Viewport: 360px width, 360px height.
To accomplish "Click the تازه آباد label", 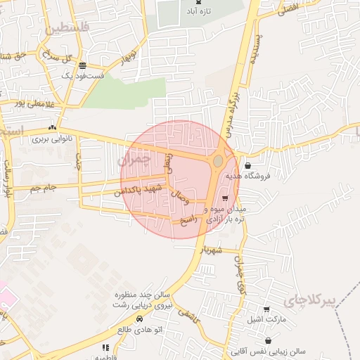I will click(195, 13).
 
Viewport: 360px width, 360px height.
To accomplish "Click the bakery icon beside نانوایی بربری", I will click(53, 127).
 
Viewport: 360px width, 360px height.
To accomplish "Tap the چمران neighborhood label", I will click(136, 160).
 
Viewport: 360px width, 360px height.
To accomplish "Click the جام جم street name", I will click(44, 188).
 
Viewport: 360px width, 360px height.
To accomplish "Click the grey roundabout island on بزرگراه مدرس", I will click(218, 161).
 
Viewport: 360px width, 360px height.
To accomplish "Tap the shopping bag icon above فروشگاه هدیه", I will click(247, 165).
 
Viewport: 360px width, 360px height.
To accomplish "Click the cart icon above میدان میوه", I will click(225, 199).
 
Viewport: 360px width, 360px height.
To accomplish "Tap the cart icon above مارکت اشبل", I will click(266, 309).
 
